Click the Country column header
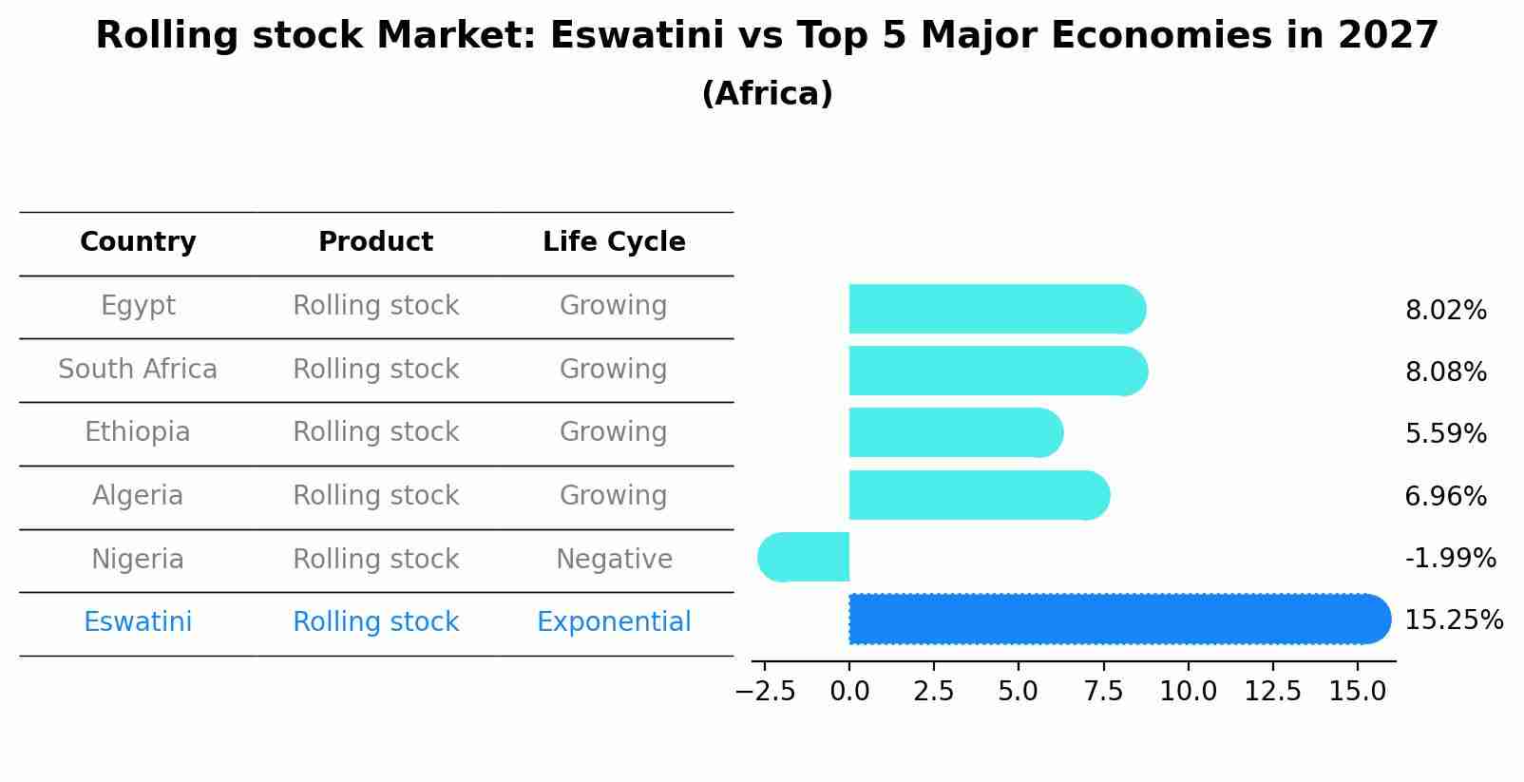tap(138, 242)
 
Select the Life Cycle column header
tap(614, 242)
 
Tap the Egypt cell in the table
tap(138, 306)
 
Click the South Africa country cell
tap(138, 369)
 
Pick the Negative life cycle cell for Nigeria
tap(614, 559)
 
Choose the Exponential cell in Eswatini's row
tap(614, 622)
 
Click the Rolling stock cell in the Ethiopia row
tap(375, 432)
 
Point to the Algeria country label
tap(138, 496)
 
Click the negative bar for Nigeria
tap(804, 557)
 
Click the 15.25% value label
tap(1453, 620)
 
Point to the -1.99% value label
tap(1450, 559)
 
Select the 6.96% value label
tap(1445, 496)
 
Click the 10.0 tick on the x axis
tap(1188, 692)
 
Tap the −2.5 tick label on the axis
tap(765, 692)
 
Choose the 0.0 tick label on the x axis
tap(849, 692)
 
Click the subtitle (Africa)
tap(767, 94)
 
